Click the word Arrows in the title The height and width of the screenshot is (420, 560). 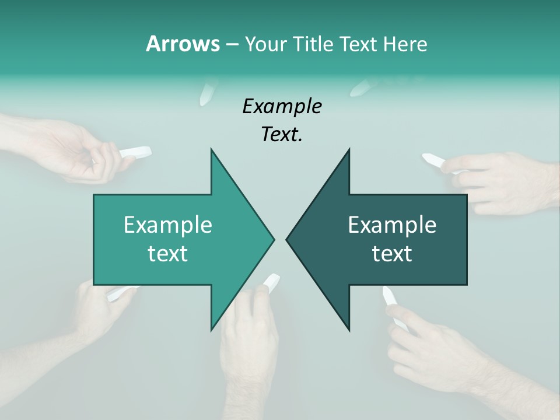tap(182, 44)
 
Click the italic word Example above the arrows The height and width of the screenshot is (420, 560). tap(282, 107)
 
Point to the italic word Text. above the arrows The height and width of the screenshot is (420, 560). tap(282, 135)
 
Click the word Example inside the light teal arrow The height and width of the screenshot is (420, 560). tap(168, 225)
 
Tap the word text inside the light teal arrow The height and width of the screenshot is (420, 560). tap(168, 254)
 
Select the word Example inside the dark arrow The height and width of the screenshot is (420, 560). tap(392, 225)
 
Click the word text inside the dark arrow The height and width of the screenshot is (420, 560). tap(392, 254)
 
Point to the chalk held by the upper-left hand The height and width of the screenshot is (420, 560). tap(135, 152)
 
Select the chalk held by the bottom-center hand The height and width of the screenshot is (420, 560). tap(271, 283)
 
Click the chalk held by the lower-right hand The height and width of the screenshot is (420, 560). tap(390, 297)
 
